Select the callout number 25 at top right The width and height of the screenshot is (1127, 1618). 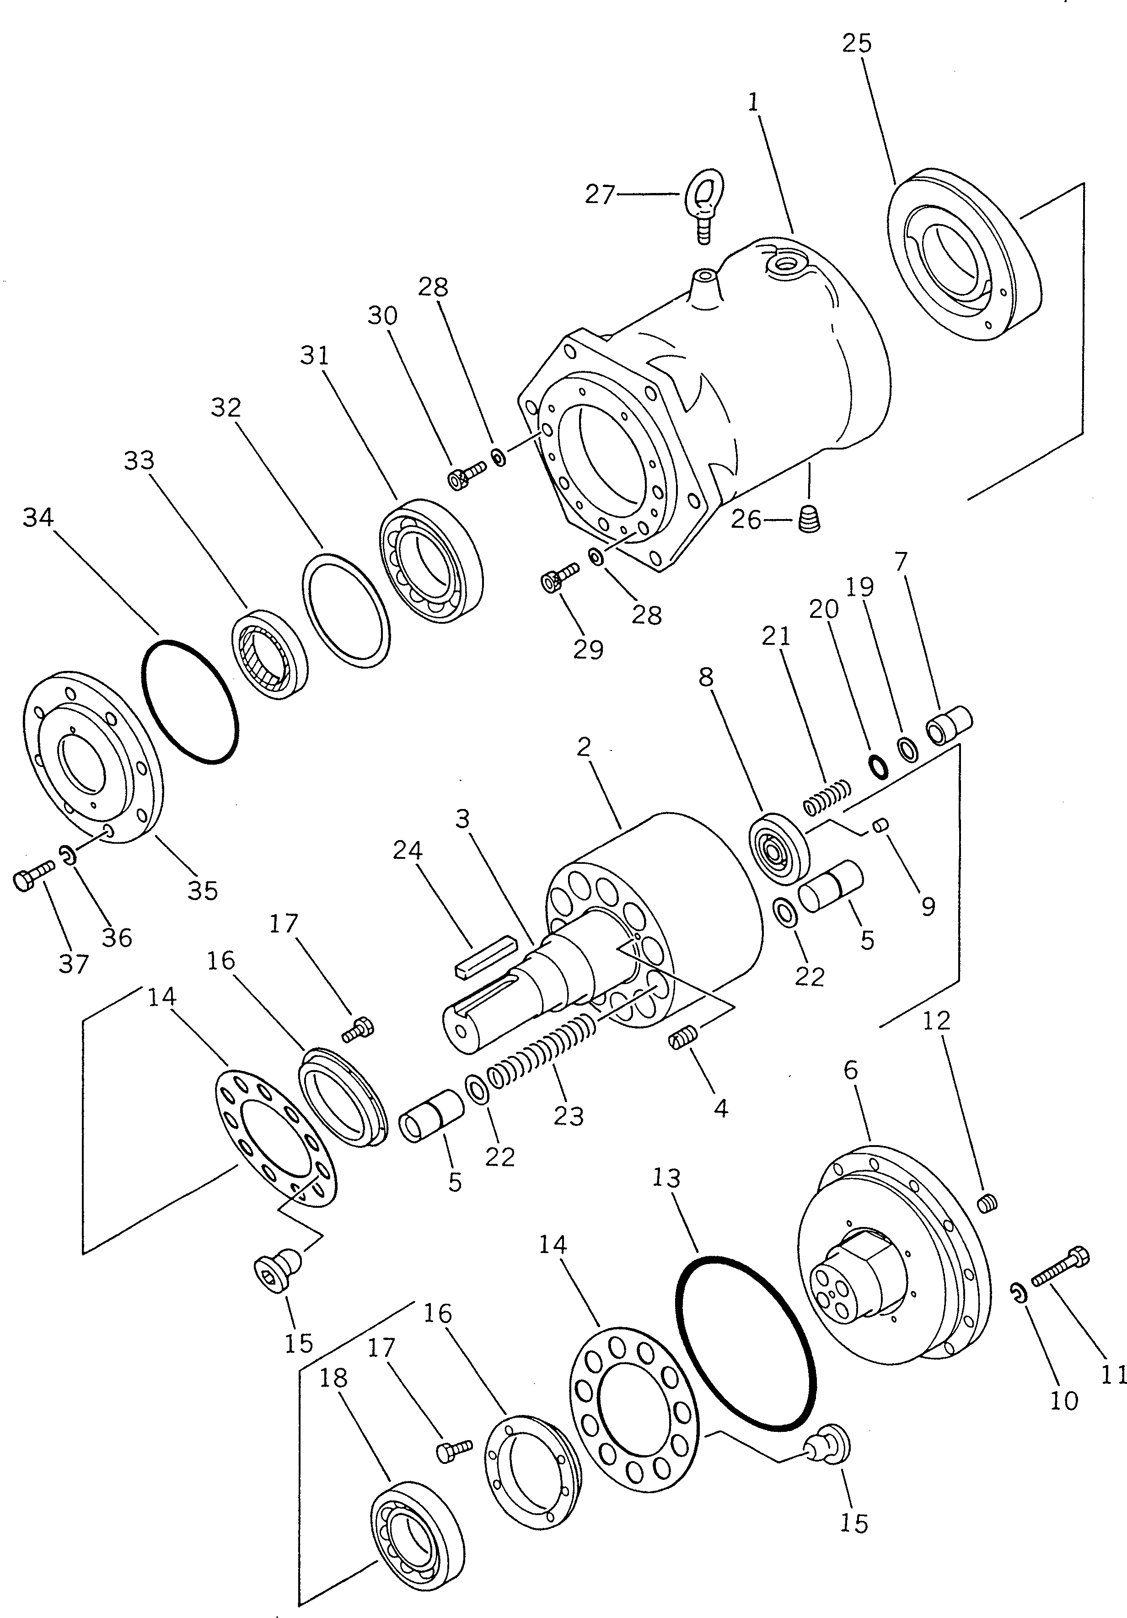tap(856, 43)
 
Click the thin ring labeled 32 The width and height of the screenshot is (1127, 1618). tap(345, 608)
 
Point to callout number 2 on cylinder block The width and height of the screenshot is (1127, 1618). tap(582, 747)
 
